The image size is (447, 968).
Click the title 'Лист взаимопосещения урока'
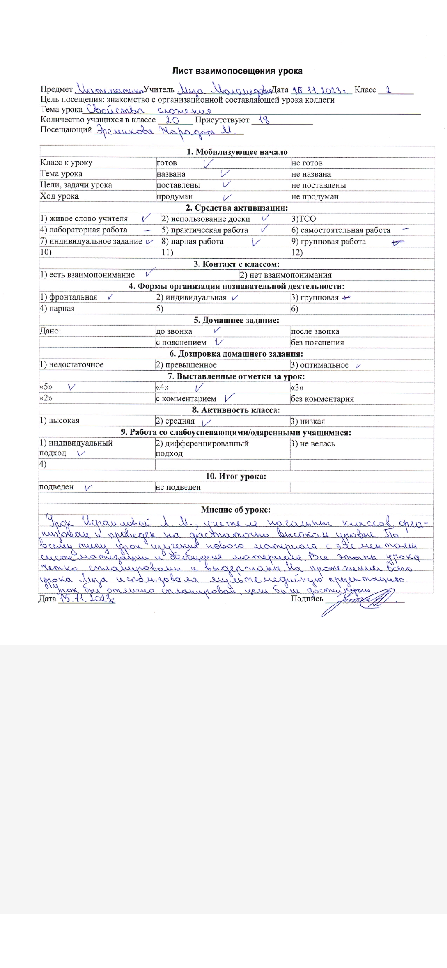(237, 71)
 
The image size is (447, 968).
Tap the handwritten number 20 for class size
(172, 120)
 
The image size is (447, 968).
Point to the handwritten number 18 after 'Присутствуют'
(264, 120)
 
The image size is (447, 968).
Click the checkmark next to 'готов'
(208, 163)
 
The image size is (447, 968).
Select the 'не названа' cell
(311, 174)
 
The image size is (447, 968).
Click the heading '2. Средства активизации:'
(237, 208)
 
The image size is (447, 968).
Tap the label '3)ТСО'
(303, 219)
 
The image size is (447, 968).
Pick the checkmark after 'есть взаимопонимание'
(150, 273)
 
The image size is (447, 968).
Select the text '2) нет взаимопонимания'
(286, 275)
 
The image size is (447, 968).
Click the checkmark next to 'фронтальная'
(110, 297)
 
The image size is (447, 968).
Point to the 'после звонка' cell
(315, 331)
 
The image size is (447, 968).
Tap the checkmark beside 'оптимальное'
(358, 366)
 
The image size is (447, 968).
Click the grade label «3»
(297, 388)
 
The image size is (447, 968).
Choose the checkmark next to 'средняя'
(206, 422)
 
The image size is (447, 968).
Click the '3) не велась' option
(313, 444)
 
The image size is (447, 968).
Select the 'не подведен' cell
(178, 487)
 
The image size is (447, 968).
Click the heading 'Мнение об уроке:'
(236, 510)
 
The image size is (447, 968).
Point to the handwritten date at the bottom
(87, 599)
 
